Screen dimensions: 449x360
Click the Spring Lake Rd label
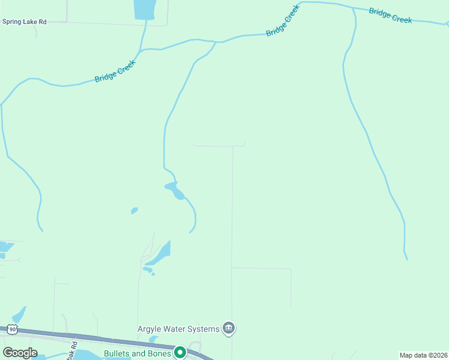(25, 22)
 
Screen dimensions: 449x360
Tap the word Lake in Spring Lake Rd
(28, 22)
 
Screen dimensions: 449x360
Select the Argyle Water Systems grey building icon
(229, 328)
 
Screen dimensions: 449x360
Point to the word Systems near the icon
(204, 328)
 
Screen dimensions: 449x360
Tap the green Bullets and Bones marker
(179, 352)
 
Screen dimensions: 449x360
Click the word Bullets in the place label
(117, 353)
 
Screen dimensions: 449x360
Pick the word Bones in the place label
(159, 353)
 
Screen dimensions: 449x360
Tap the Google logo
(20, 353)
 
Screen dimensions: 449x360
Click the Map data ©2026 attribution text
(424, 355)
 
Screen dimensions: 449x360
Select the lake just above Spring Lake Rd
(143, 9)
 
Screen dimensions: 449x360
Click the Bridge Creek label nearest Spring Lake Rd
(116, 70)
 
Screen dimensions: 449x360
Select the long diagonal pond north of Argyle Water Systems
(159, 253)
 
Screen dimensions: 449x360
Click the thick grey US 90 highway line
(90, 337)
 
